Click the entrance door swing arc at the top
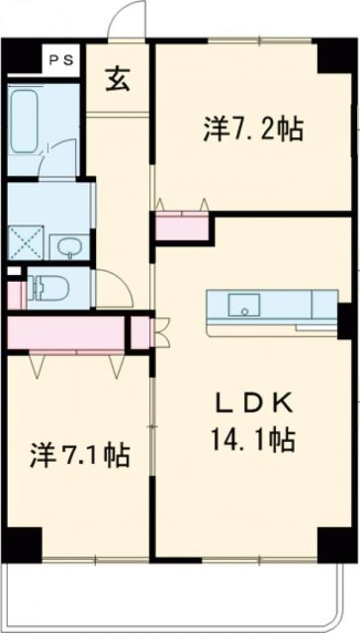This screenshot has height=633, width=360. coord(127,22)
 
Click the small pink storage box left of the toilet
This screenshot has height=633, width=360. coord(14,294)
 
